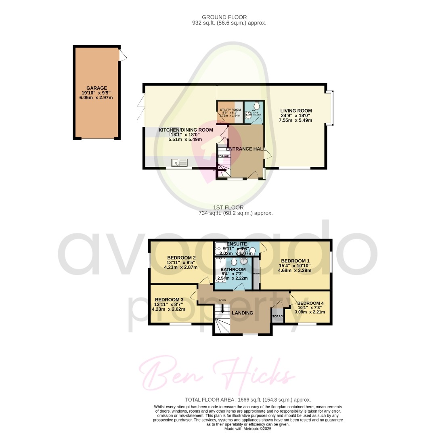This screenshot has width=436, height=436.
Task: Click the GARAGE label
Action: [96, 88]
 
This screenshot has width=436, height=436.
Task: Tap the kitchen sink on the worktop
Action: [179, 163]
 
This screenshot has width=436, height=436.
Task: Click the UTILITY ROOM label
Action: [230, 110]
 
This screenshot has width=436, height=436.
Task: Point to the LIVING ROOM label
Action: [296, 111]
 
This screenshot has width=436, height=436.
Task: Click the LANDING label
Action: [242, 313]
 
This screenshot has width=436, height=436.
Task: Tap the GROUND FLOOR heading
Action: [230, 17]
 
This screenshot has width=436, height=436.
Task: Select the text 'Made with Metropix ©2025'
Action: [248, 428]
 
